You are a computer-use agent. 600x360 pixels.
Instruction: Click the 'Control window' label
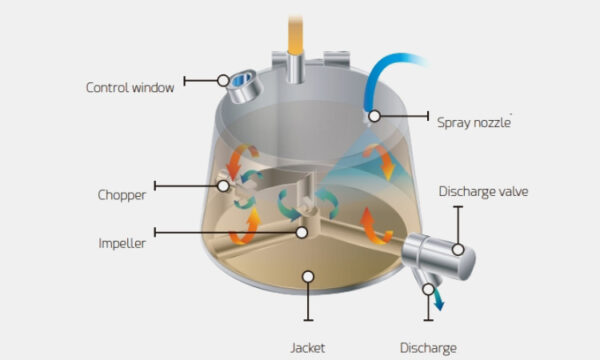130,87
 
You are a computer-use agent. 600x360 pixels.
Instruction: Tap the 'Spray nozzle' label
474,122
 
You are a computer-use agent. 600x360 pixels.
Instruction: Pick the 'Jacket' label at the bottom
309,347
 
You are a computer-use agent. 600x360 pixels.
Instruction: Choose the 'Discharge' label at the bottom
428,347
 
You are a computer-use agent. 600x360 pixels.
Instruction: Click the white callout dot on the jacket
309,276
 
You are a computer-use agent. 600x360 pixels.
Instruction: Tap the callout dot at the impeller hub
302,232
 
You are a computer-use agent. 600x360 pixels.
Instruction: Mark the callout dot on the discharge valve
457,249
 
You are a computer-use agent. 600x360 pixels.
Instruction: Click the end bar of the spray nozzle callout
428,116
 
